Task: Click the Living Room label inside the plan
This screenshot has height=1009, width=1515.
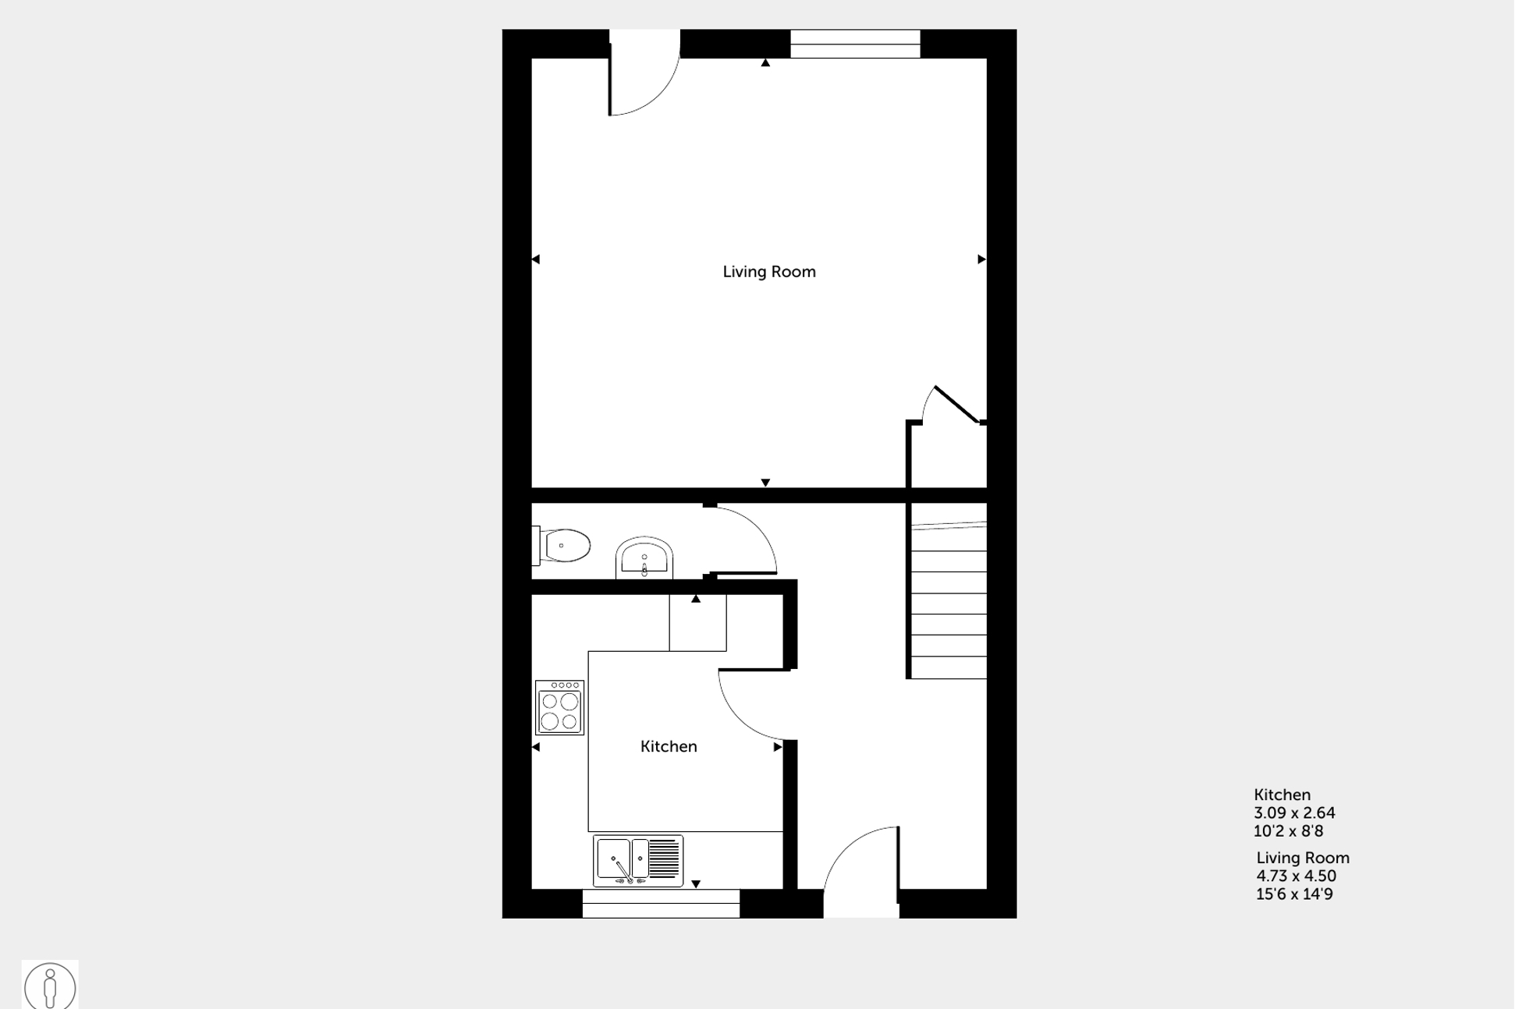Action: tap(768, 271)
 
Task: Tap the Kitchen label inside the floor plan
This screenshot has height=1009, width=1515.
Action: tap(669, 746)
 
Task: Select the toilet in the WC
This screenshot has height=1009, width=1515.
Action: tap(566, 546)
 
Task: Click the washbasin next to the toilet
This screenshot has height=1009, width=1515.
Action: tap(644, 558)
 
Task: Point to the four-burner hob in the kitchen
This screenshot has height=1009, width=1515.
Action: tap(559, 708)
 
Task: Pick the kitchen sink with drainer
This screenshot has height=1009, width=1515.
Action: tap(638, 861)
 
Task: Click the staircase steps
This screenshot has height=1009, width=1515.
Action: tap(949, 600)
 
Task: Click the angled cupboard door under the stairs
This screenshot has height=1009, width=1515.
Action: tap(956, 405)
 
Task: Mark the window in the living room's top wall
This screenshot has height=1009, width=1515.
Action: tap(855, 44)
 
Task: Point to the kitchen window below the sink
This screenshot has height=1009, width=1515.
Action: tap(661, 904)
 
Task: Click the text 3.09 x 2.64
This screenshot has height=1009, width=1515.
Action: tap(1294, 813)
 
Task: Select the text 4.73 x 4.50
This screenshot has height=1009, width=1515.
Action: tap(1296, 876)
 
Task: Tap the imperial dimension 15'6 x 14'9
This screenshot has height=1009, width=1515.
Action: tap(1294, 894)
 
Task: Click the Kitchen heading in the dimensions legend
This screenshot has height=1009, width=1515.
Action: tap(1282, 795)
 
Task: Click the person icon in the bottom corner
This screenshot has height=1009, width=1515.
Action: tap(50, 986)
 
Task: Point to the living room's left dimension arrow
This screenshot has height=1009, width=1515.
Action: tap(536, 259)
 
